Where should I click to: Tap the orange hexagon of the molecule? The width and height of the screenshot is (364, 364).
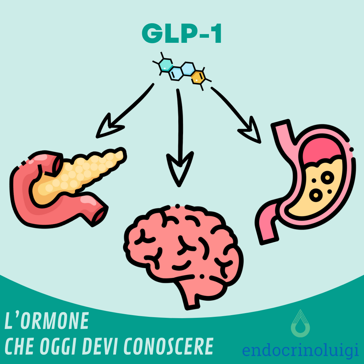click(x=198, y=77)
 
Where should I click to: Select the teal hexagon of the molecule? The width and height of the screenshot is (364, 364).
click(x=165, y=64)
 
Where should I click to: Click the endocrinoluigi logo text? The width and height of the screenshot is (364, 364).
click(x=300, y=351)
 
